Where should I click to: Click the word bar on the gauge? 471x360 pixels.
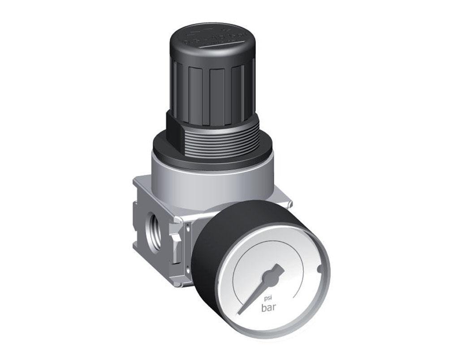(x=270, y=308)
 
